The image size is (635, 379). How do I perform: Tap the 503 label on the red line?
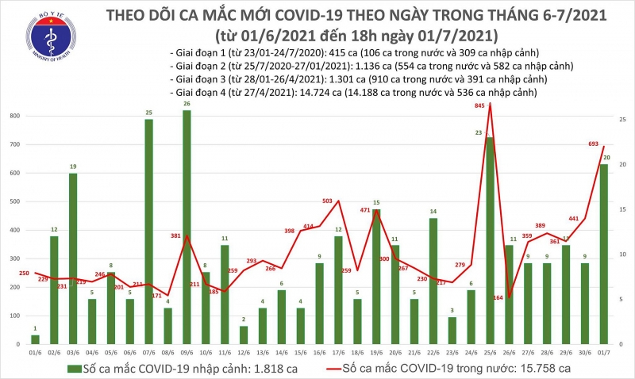tap(327, 202)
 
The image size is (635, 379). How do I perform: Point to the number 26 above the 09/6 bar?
tap(187, 105)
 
